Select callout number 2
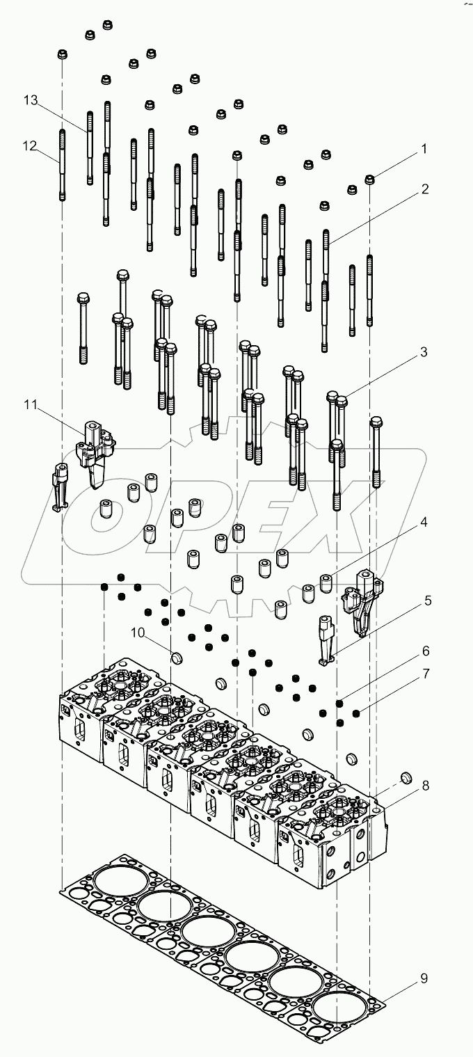(424, 189)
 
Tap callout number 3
(424, 352)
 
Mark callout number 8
(424, 785)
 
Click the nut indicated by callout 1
(370, 180)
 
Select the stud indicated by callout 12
(62, 164)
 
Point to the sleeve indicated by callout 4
(326, 580)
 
